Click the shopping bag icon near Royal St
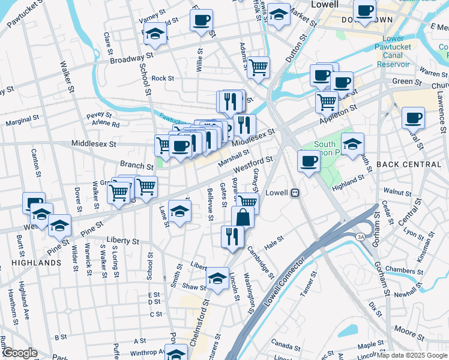[x=243, y=217]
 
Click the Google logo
[x=19, y=353]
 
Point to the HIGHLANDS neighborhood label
[x=35, y=263]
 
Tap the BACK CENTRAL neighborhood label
[x=410, y=164]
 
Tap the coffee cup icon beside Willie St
[x=201, y=19]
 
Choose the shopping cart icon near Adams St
[x=259, y=66]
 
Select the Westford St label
[x=253, y=163]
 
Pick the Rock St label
[x=162, y=78]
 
